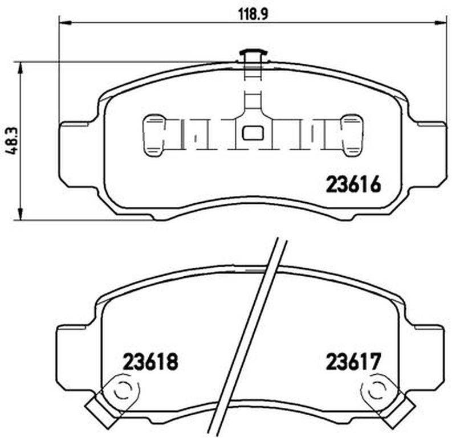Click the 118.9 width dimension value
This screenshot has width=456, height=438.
[253, 14]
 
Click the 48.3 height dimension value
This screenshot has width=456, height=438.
[13, 141]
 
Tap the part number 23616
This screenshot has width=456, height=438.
[353, 185]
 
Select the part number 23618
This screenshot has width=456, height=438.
[150, 361]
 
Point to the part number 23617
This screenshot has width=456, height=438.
[353, 361]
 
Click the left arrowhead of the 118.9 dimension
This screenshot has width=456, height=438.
[65, 22]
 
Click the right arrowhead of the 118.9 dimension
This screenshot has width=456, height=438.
[440, 22]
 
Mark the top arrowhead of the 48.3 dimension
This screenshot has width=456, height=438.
[21, 68]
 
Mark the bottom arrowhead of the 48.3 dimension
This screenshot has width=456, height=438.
[21, 214]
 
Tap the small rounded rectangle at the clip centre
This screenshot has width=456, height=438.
[253, 133]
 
